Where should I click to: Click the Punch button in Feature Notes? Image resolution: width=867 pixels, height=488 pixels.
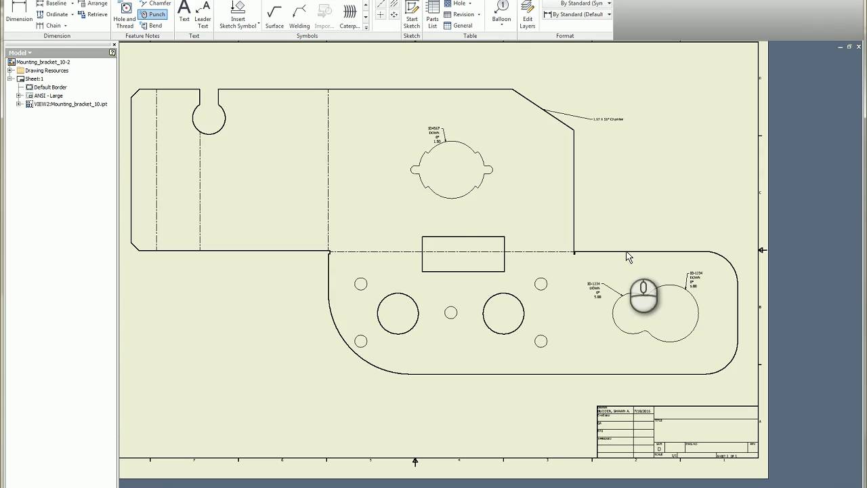point(153,14)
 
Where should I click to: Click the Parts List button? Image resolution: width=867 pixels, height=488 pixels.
point(433,15)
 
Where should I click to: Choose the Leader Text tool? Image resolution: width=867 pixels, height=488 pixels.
point(203,15)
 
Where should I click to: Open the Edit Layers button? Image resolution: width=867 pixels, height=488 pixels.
point(528,15)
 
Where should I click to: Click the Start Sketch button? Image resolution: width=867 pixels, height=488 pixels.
point(412,15)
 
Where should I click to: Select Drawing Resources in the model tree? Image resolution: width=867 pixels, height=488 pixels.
point(47,70)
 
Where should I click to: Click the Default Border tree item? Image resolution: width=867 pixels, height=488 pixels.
point(50,87)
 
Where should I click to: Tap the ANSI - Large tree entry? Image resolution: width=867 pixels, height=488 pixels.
point(49,96)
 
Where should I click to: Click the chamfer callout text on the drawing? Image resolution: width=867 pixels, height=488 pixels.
point(608,119)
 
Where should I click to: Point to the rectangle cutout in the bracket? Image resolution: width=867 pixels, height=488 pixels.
point(463,254)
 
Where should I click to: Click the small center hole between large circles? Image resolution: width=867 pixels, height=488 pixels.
point(451,312)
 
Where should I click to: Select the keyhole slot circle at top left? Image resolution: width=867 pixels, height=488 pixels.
point(209,119)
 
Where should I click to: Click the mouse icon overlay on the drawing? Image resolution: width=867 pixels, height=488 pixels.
point(643,296)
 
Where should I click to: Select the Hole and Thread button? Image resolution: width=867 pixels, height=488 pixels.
point(125,15)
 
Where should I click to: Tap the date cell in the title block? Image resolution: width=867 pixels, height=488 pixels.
point(642,411)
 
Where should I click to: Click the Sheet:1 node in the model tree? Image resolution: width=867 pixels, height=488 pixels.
point(34,79)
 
